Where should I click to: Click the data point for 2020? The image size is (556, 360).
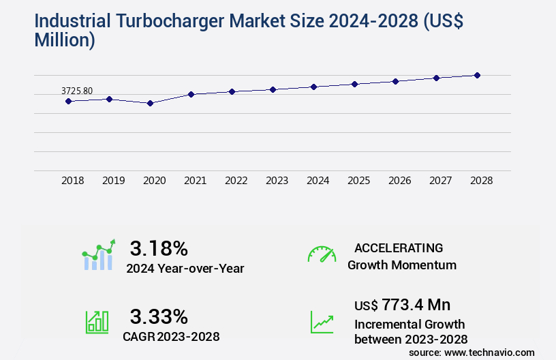(151, 103)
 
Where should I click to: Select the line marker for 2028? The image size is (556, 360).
(477, 75)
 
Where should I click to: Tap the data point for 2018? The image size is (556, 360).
(68, 101)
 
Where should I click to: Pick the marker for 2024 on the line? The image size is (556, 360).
(313, 87)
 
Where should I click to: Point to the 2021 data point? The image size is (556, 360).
(191, 94)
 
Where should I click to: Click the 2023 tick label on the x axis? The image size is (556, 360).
(277, 181)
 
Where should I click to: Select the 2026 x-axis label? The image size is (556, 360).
(399, 181)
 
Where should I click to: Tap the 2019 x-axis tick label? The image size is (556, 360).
(113, 181)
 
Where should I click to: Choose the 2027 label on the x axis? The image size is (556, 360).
(440, 181)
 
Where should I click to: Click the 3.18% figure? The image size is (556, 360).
(159, 247)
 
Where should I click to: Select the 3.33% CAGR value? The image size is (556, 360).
(159, 316)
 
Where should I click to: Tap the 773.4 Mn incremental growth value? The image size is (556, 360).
(416, 304)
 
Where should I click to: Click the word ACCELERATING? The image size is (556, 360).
(399, 247)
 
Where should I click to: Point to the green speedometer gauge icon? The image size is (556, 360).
(322, 254)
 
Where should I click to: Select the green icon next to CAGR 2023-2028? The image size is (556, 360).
(97, 322)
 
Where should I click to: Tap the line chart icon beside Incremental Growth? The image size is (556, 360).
(322, 322)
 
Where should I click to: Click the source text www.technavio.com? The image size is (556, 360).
(489, 352)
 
